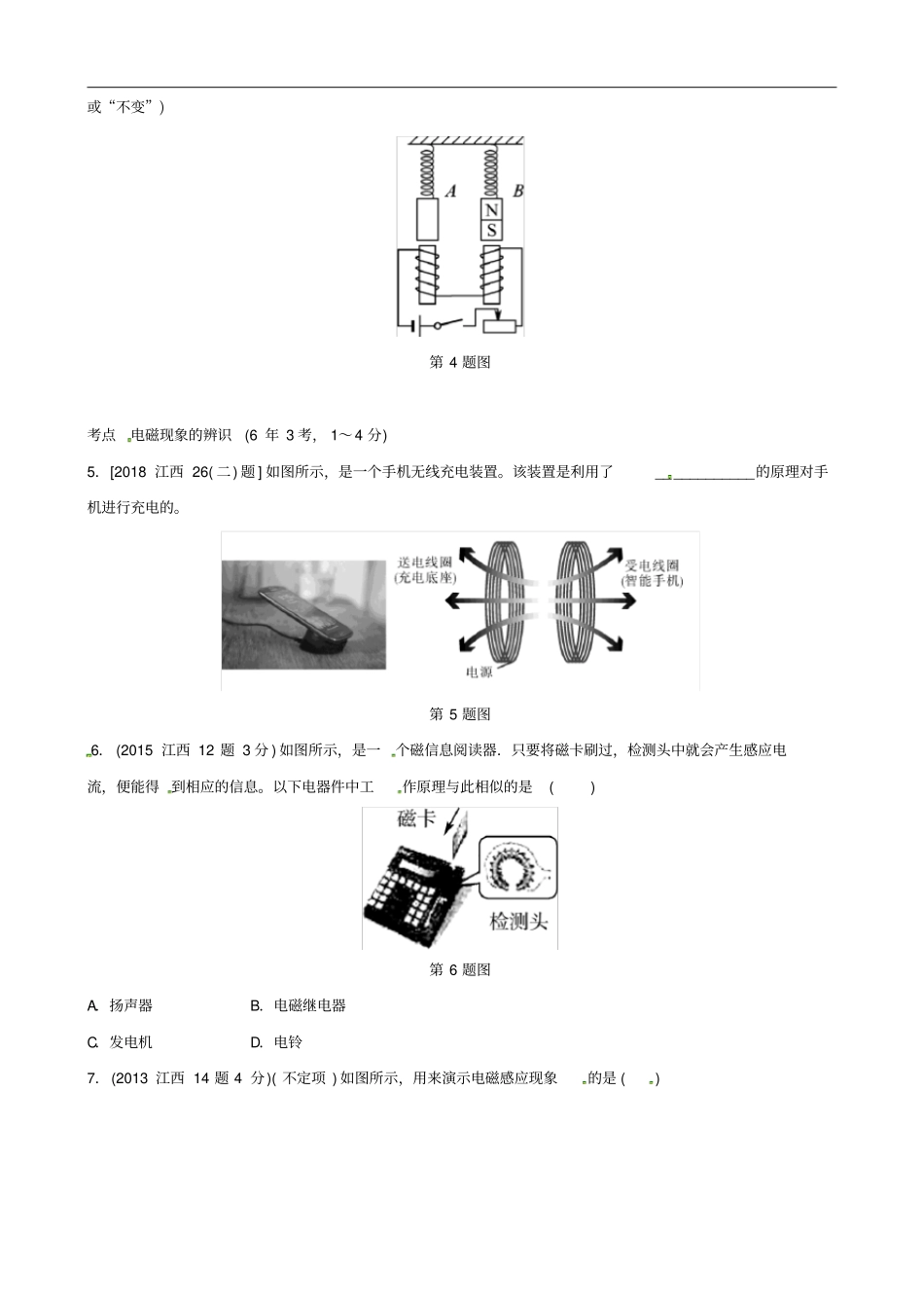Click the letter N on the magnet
click(491, 210)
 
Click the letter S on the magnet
click(491, 231)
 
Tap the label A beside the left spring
click(450, 192)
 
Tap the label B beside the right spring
click(517, 191)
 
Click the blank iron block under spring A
click(428, 220)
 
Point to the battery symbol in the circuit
click(415, 325)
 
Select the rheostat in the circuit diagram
click(498, 324)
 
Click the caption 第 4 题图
click(460, 362)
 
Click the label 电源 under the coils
click(479, 672)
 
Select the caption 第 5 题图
click(460, 714)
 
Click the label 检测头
click(517, 921)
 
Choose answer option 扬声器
click(131, 1006)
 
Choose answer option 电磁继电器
click(310, 1006)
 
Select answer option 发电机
click(131, 1042)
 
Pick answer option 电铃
click(288, 1042)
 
